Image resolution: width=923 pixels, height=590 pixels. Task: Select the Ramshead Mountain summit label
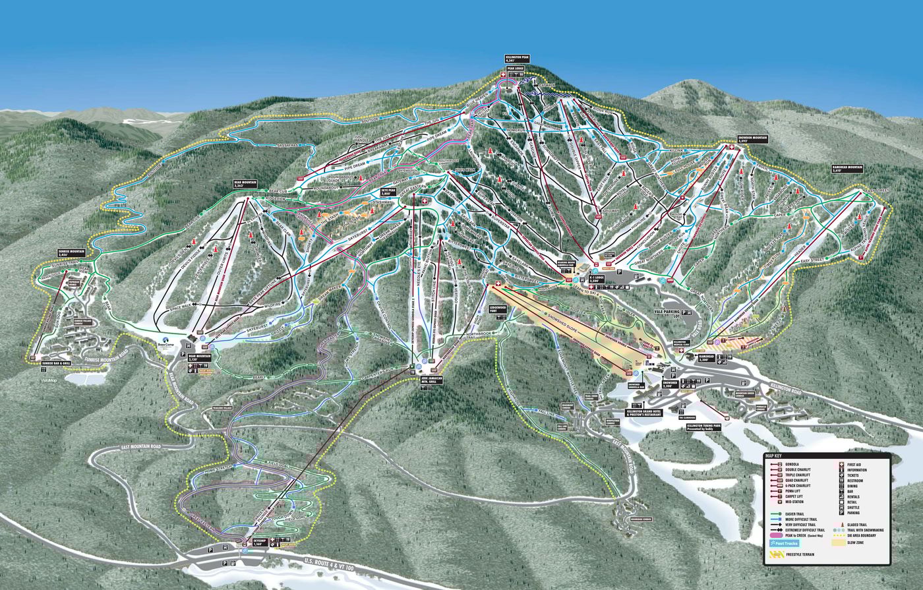848,168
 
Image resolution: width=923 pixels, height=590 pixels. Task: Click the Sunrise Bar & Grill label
56,363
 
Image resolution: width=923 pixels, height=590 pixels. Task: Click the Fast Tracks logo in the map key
782,543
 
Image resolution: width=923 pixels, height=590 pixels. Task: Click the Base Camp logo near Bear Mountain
165,342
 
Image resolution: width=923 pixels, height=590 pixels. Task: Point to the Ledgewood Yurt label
497,309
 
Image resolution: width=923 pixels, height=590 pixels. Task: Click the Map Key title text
775,456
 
